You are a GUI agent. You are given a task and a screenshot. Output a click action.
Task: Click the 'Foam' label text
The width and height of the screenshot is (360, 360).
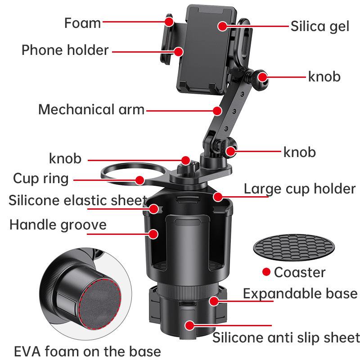point(82,23)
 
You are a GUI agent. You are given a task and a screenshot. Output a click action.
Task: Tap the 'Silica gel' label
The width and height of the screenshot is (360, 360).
point(319,26)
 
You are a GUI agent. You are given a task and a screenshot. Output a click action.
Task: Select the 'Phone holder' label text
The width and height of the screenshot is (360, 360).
point(65,50)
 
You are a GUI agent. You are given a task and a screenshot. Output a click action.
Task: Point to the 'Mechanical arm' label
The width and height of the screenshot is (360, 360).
point(91,109)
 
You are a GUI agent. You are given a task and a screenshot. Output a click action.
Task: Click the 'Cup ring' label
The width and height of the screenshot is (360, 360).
point(41,178)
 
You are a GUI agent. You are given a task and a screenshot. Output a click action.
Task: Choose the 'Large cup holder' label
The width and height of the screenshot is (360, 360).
point(300,189)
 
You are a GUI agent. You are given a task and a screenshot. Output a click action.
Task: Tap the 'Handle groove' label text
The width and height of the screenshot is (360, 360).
point(58,225)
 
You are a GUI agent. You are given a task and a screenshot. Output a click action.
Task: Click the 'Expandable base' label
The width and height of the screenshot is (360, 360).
point(300,294)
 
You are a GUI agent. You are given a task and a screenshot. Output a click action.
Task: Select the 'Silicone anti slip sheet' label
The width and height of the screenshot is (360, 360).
point(286,337)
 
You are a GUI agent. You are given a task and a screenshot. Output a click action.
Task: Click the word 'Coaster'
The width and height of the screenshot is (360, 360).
point(299,272)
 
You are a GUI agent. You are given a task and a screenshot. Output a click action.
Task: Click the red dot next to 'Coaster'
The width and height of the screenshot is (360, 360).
point(266,272)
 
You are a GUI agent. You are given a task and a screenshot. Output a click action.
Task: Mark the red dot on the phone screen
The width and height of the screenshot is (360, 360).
point(222,26)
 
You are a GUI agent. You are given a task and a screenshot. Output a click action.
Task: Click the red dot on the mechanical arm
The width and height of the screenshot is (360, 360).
point(218,110)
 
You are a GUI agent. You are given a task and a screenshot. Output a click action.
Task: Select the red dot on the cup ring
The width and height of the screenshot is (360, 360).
point(139,180)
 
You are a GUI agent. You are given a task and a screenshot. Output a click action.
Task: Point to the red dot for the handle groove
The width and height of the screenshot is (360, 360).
point(153,234)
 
